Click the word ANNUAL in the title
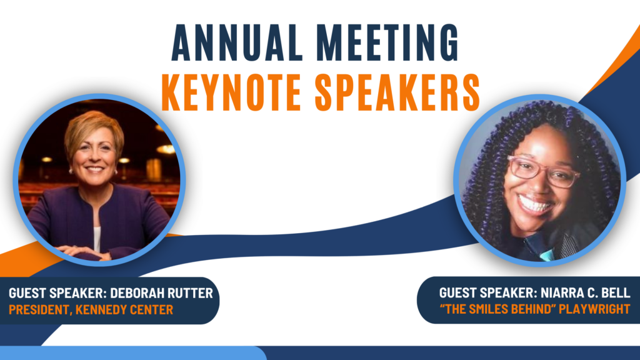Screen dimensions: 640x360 [x=237, y=42]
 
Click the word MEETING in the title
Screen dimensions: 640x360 [x=387, y=42]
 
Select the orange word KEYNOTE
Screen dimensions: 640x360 [x=231, y=92]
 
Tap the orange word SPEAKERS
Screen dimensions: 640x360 [x=397, y=92]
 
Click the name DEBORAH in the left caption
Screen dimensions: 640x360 [x=136, y=293]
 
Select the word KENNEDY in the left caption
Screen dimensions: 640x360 [x=98, y=310]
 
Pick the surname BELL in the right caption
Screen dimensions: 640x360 [x=616, y=292]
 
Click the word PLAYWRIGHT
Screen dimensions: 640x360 [x=594, y=309]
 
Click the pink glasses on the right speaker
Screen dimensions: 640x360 [x=543, y=171]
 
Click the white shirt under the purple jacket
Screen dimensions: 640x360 [x=97, y=239]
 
